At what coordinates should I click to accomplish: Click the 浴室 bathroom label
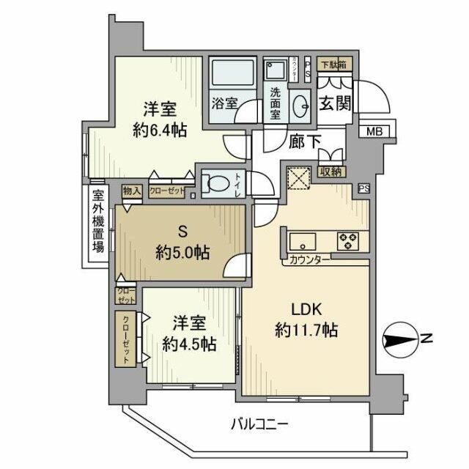[x=224, y=103]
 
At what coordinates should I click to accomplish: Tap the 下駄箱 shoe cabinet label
[x=336, y=64]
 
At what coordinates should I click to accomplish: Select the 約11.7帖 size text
[x=306, y=330]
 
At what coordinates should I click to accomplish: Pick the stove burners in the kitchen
[x=348, y=240]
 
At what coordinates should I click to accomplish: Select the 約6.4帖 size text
[x=159, y=132]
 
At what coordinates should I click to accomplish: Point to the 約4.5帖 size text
[x=189, y=343]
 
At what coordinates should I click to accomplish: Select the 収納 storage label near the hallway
[x=331, y=172]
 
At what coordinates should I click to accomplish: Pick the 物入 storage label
[x=132, y=191]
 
